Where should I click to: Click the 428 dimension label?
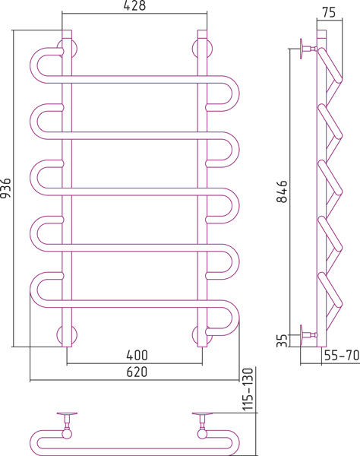(x=134, y=6)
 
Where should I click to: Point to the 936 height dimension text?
(x=5, y=188)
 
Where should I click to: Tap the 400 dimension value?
(x=137, y=355)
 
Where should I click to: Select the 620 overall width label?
(x=137, y=372)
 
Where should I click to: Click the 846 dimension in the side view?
(x=282, y=192)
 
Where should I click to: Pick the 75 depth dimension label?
(x=329, y=12)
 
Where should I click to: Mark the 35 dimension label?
(x=282, y=340)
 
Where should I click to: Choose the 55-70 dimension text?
(x=342, y=355)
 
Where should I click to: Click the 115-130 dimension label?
(x=248, y=390)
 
